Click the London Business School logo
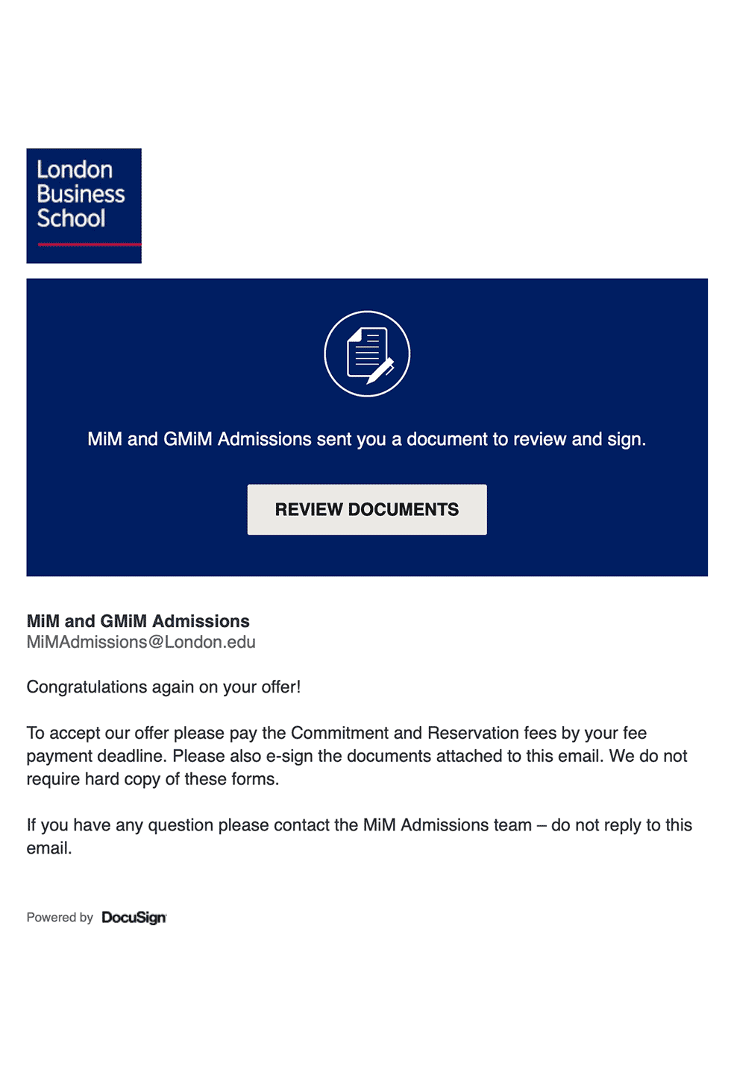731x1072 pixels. tap(84, 205)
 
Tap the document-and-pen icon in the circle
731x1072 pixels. tap(367, 353)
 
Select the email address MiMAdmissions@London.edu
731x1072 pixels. tap(141, 642)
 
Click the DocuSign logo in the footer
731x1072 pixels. tap(134, 918)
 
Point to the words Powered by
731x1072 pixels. tap(60, 918)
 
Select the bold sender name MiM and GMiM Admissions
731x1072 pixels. tap(138, 621)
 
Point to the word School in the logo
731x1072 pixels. tap(72, 218)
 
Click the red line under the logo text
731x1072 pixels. tap(89, 244)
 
